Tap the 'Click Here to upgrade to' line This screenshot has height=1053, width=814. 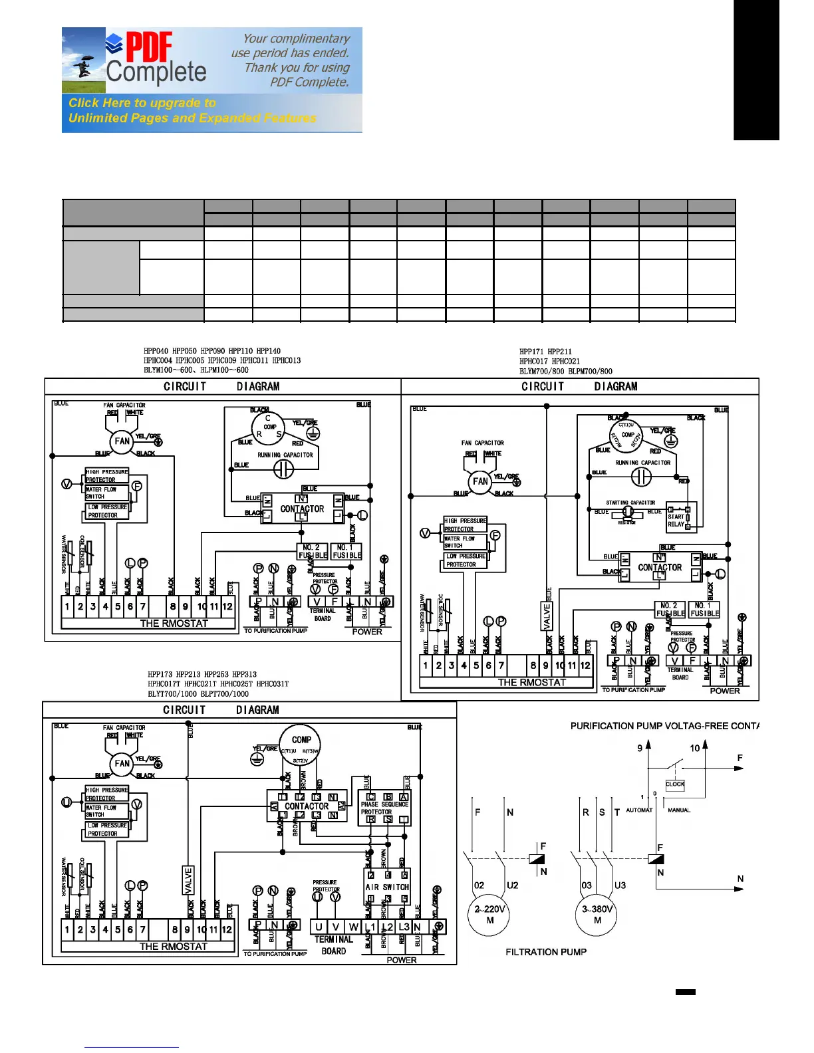(142, 103)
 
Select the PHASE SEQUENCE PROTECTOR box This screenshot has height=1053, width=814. (385, 808)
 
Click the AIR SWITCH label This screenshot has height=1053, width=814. (387, 887)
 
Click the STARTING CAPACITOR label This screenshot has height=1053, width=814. (630, 503)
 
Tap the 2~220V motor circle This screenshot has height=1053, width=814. (489, 914)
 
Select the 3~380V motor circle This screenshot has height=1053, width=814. (597, 914)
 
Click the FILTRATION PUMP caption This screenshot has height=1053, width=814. (546, 952)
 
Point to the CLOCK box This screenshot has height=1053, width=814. (675, 784)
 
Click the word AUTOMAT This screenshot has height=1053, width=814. (639, 810)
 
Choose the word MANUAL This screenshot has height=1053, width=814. (679, 810)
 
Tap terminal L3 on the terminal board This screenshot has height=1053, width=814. (403, 927)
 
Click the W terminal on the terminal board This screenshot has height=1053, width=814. (353, 927)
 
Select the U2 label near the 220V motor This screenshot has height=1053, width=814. (512, 885)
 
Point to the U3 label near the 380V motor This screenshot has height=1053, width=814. (620, 885)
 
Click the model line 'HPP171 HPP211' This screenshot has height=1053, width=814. (545, 352)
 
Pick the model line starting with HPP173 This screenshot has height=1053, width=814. (202, 674)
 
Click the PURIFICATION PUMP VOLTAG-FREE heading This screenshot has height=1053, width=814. (664, 726)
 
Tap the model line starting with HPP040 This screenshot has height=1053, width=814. (212, 351)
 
